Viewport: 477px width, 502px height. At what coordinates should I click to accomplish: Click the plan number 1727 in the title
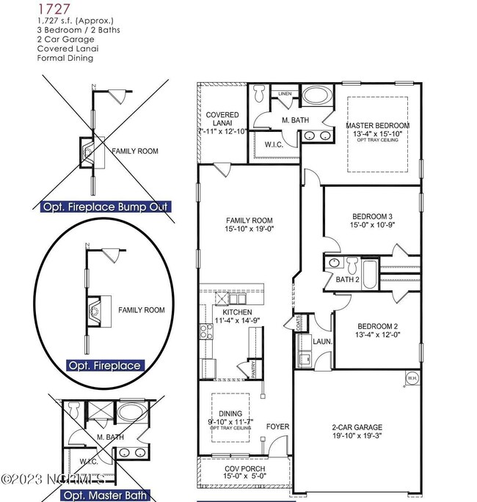tap(48, 10)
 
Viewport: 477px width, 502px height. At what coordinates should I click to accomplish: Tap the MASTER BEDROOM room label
tap(377, 125)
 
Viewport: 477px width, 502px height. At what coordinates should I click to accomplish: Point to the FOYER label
tap(277, 426)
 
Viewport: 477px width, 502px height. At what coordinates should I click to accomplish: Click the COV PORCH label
tap(244, 468)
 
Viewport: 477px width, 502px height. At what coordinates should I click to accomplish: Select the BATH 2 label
tap(346, 279)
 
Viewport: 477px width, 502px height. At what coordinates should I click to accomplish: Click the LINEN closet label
tap(285, 93)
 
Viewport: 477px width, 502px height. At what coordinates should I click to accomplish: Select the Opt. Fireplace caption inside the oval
tap(103, 365)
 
